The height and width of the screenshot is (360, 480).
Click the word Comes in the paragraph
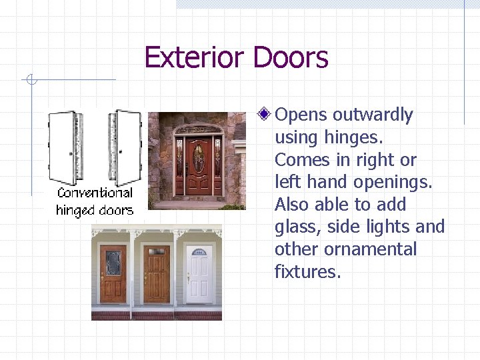click(x=298, y=160)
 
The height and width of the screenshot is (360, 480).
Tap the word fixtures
click(x=307, y=272)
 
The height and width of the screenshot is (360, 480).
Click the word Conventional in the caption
click(x=95, y=193)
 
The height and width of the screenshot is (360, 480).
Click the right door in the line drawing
click(x=125, y=147)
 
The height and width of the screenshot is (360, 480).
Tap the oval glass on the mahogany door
click(x=198, y=157)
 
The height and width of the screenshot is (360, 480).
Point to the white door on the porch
click(x=198, y=274)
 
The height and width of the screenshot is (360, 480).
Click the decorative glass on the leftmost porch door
click(x=113, y=263)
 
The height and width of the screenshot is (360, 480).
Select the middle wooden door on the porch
click(x=157, y=274)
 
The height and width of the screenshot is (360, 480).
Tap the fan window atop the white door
click(x=198, y=251)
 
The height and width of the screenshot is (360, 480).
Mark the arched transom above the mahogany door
click(x=198, y=129)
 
